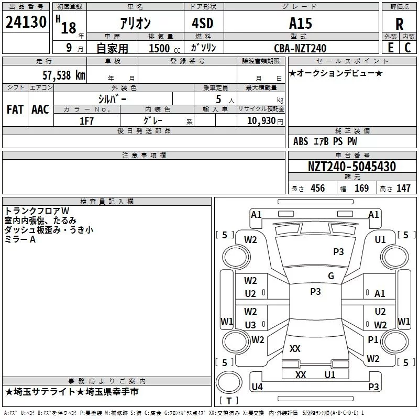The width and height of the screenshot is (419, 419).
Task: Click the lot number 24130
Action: click(x=26, y=23)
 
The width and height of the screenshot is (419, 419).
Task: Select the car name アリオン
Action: click(x=135, y=23)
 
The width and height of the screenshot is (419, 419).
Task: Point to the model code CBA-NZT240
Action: click(x=300, y=48)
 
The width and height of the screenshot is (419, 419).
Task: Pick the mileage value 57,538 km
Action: click(x=63, y=75)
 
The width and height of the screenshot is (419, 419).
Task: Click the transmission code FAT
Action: click(x=15, y=109)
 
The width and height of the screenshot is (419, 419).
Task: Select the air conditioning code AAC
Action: click(x=40, y=109)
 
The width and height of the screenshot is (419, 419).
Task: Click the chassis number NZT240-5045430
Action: click(x=351, y=167)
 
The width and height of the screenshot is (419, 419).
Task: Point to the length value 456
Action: click(x=317, y=188)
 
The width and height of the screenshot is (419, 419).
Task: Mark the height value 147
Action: click(x=403, y=188)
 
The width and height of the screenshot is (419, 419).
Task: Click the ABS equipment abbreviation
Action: click(x=301, y=141)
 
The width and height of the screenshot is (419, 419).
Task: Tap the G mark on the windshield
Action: click(x=330, y=276)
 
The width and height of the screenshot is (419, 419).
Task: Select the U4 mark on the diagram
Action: click(x=257, y=387)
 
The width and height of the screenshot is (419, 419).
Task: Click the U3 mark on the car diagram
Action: click(x=250, y=325)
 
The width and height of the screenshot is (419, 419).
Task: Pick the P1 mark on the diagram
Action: click(x=373, y=340)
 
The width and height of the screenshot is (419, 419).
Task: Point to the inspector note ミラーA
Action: click(x=20, y=239)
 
